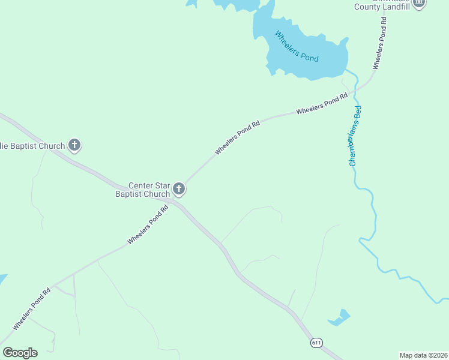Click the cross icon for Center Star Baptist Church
click(x=178, y=190)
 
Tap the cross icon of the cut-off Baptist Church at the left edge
click(x=74, y=145)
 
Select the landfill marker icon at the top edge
click(x=419, y=3)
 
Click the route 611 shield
click(x=317, y=343)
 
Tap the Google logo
click(x=20, y=352)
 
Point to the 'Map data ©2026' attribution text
click(x=423, y=355)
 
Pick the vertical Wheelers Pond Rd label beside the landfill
click(x=380, y=43)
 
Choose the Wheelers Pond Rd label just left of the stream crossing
click(x=322, y=104)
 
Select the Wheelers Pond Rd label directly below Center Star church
click(x=148, y=225)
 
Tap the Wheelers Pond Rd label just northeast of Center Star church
click(x=237, y=137)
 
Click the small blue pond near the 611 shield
click(x=340, y=317)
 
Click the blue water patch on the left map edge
click(x=2, y=280)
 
